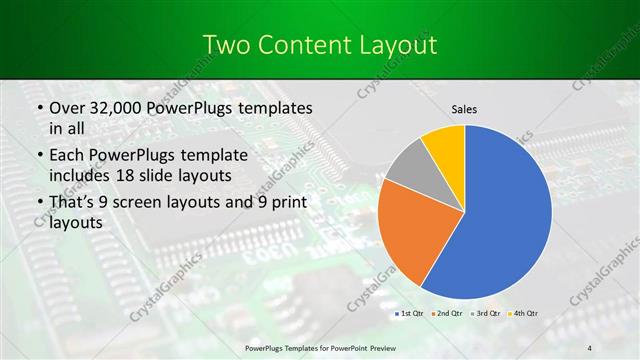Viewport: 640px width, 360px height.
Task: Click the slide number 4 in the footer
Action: (x=590, y=346)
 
